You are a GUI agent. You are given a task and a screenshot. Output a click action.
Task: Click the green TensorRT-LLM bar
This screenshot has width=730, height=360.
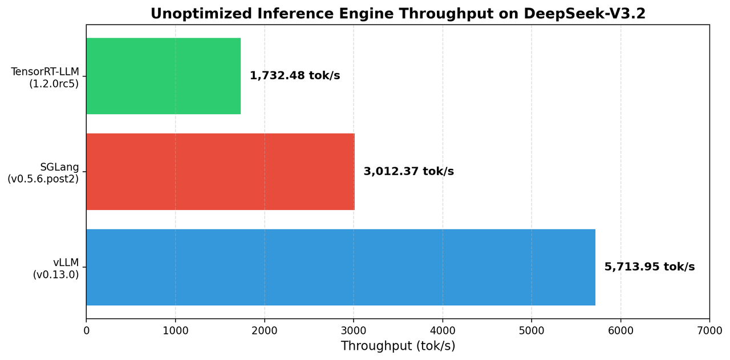[163, 76]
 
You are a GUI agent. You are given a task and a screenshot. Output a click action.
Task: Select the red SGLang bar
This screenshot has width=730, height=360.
[220, 172]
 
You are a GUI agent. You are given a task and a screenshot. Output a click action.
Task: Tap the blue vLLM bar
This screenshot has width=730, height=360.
[340, 267]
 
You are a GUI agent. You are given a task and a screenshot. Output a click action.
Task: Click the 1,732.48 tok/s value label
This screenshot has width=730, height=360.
[295, 76]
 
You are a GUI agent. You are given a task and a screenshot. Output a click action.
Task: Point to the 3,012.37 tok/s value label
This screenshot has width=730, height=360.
[408, 172]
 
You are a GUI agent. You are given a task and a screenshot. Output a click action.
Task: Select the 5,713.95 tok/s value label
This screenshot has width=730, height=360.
[650, 267]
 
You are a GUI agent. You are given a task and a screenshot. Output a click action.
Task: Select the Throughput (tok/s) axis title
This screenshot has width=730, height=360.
[398, 346]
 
